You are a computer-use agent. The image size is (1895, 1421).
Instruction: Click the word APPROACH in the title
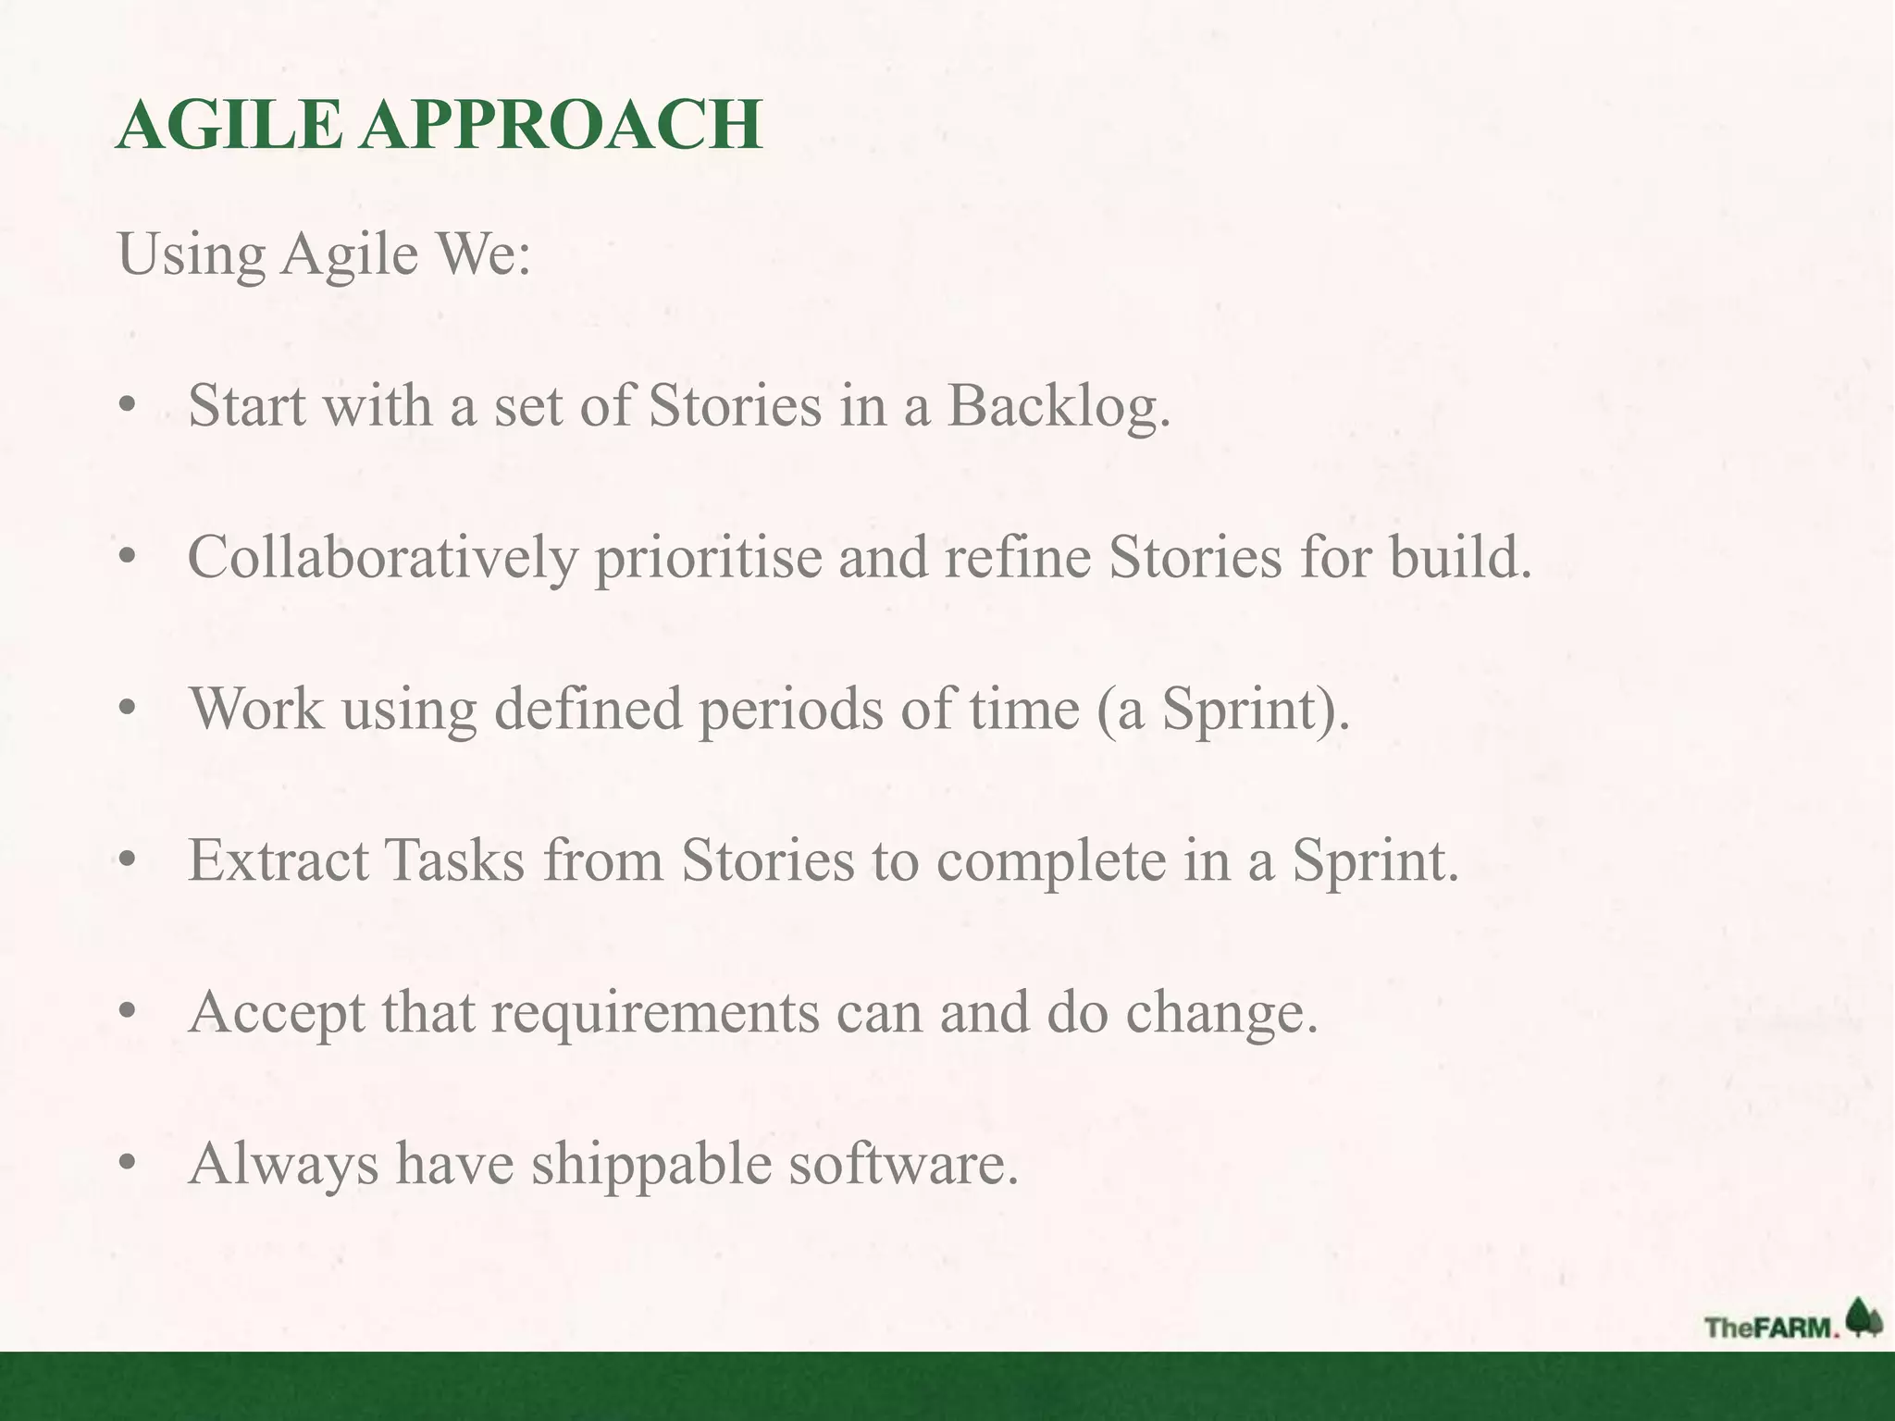click(562, 125)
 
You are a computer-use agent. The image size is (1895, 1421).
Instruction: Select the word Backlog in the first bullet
click(1059, 407)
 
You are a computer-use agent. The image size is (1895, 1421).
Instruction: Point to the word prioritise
click(708, 559)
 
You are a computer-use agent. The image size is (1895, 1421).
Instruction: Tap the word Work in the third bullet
click(256, 710)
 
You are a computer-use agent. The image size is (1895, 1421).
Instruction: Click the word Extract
click(279, 860)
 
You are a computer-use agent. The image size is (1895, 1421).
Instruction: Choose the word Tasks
click(454, 860)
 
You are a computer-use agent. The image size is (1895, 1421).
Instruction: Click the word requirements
click(655, 1013)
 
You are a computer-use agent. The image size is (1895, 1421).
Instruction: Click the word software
click(902, 1164)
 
